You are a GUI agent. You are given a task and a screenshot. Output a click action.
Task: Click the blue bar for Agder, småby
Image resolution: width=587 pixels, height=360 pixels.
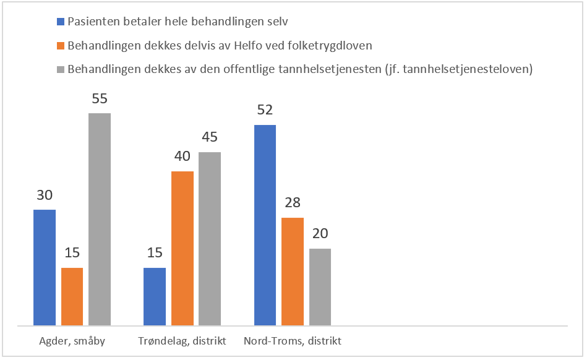[45, 267]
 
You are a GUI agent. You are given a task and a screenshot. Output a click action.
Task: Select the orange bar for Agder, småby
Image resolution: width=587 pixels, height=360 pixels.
[72, 296]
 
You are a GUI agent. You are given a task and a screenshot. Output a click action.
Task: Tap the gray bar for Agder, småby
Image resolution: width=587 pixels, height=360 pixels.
[100, 219]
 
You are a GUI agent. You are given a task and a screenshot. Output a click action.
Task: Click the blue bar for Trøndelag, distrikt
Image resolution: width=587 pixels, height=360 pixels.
[155, 296]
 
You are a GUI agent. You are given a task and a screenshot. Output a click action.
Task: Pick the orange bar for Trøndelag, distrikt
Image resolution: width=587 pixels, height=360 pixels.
[182, 248]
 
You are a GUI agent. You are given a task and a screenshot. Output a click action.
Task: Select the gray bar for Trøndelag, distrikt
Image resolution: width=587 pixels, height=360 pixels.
[210, 238]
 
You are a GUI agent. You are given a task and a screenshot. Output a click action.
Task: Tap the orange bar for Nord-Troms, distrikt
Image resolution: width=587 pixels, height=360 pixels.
[293, 271]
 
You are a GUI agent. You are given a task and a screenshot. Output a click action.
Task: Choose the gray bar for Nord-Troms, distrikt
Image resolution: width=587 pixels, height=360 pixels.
[320, 286]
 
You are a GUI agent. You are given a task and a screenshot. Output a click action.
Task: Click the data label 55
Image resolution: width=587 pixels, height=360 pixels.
[100, 98]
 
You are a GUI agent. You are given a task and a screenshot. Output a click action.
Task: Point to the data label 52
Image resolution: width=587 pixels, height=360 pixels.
[265, 110]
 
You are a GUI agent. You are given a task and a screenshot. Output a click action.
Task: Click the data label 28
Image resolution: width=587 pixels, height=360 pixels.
[293, 203]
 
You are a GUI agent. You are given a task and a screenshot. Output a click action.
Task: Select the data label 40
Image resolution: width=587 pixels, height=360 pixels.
[182, 156]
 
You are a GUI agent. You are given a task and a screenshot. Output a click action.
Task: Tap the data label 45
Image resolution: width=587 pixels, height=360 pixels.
[210, 137]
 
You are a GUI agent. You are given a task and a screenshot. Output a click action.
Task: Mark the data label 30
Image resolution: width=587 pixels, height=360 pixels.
[45, 195]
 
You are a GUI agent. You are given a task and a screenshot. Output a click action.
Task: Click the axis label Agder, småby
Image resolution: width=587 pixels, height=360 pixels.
[72, 341]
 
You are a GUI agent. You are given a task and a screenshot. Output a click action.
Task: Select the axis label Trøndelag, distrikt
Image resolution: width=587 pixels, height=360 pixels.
[182, 341]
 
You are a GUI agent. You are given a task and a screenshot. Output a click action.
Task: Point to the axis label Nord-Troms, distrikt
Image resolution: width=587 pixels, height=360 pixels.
[293, 341]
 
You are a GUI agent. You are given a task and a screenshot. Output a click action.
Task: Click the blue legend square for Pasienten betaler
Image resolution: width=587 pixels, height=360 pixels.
[61, 21]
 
